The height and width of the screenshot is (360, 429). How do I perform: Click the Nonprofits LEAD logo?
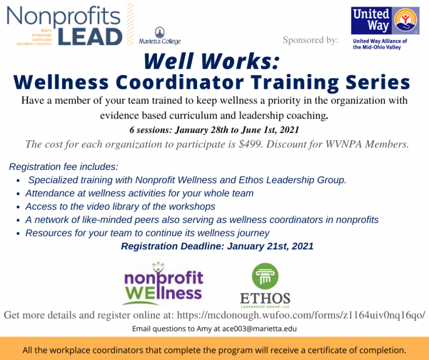tap(64, 25)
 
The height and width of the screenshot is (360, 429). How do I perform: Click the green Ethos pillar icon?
tap(265, 277)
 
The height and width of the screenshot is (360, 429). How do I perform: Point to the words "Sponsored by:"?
tap(311, 40)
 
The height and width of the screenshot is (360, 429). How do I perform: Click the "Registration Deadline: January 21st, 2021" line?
tap(217, 246)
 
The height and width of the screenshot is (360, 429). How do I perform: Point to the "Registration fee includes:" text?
tap(63, 167)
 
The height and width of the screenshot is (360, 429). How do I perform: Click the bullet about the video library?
tap(120, 206)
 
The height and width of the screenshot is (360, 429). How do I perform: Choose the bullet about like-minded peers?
tap(202, 220)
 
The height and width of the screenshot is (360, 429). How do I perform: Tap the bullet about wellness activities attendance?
tap(139, 193)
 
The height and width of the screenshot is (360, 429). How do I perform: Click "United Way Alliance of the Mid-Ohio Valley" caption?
tap(380, 44)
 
